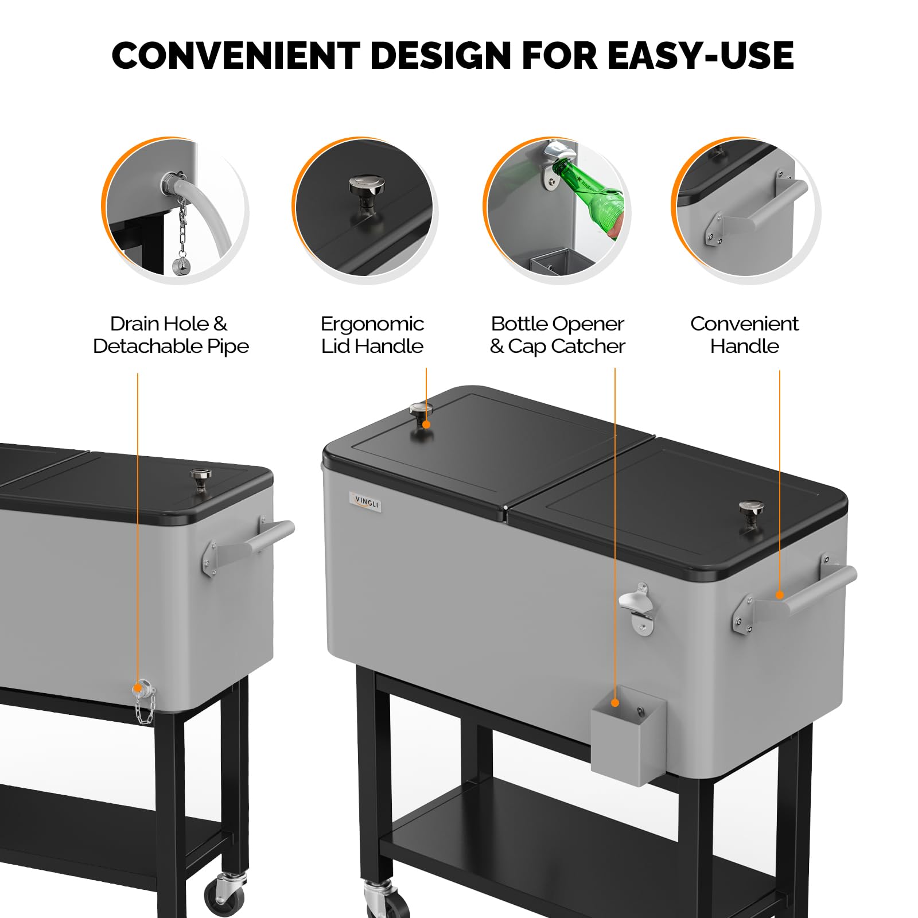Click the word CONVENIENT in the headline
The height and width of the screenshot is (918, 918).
[235, 56]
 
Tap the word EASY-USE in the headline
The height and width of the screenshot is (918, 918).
[700, 56]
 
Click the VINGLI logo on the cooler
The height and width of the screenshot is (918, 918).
[365, 503]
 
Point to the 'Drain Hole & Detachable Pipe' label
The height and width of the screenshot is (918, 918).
[170, 335]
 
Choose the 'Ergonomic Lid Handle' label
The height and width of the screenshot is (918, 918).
[372, 335]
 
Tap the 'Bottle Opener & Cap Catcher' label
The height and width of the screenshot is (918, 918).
[557, 335]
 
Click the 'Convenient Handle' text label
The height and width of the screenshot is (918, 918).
[744, 335]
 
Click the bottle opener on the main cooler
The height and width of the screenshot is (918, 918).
[638, 608]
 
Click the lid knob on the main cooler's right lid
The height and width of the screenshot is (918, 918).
[750, 514]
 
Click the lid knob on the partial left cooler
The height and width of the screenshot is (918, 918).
[200, 479]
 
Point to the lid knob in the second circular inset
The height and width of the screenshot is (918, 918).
[367, 189]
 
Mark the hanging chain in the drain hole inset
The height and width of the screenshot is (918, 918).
[183, 227]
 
